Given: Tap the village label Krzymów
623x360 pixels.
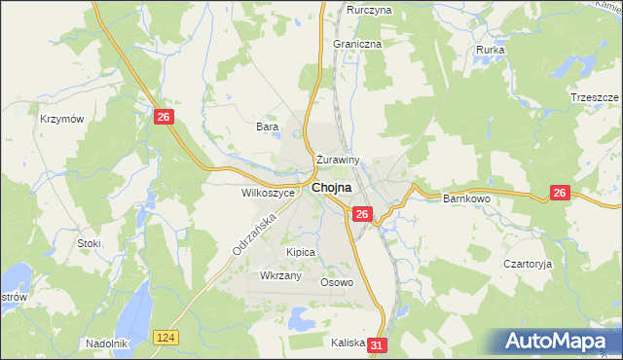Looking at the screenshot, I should pos(59,118).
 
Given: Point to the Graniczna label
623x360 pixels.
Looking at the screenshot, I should pos(357,44).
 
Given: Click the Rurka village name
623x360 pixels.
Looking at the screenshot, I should pos(490,49).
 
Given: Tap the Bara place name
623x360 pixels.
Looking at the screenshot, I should pos(267,126).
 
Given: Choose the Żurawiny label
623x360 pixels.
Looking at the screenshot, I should pos(339,160).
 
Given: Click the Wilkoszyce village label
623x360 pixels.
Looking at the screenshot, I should pos(268,193).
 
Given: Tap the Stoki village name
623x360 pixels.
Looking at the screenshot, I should pos(90,242).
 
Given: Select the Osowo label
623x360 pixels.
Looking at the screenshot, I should pos(337,282).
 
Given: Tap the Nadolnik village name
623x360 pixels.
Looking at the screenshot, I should pos(107,342).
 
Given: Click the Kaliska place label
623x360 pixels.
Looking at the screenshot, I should pos(348,342).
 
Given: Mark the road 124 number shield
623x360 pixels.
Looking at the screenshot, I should pos(165,336).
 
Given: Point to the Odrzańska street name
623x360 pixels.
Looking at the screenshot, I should pos(248,235).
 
